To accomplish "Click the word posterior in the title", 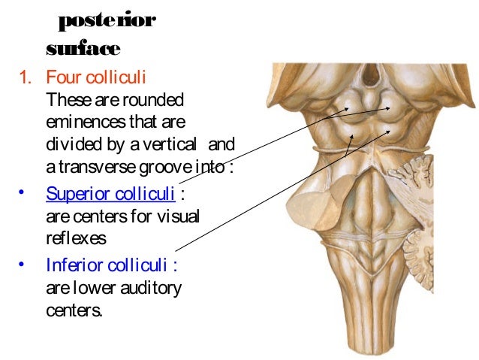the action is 107,20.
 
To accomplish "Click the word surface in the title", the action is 83,49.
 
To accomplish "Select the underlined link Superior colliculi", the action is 110,194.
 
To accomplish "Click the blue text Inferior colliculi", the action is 107,265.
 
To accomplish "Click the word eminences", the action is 80,121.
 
